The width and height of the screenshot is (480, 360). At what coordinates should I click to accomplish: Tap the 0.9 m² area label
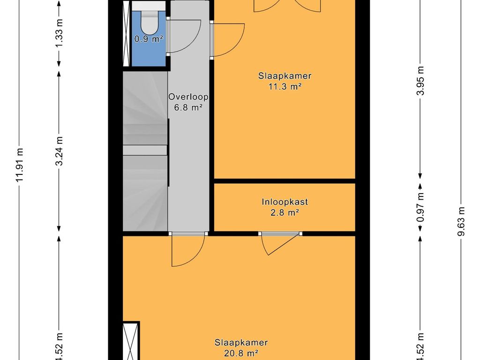pos(149,39)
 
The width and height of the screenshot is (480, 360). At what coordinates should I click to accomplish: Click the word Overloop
pos(188,97)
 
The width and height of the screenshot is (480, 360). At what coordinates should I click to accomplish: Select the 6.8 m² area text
pos(188,108)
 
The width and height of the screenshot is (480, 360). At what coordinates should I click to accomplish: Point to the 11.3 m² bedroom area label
pos(285,87)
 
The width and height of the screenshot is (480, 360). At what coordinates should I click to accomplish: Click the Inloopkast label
pos(285,202)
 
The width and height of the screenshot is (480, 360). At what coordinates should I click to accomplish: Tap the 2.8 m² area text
pos(285,212)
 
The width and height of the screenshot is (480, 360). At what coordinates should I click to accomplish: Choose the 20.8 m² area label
pos(241,353)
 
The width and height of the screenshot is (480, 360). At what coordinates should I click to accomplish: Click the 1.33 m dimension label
pos(60,33)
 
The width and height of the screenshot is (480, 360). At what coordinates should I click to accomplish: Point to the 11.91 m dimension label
pos(20,165)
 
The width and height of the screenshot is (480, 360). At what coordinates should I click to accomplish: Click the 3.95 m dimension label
pos(420,81)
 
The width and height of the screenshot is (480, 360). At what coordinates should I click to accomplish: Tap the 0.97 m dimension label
pos(420,207)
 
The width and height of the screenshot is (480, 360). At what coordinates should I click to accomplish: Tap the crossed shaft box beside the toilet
pos(126,33)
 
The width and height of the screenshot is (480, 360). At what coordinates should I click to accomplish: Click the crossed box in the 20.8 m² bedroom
pos(130,341)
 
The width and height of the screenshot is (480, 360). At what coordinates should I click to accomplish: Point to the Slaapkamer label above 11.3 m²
pos(285,75)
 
